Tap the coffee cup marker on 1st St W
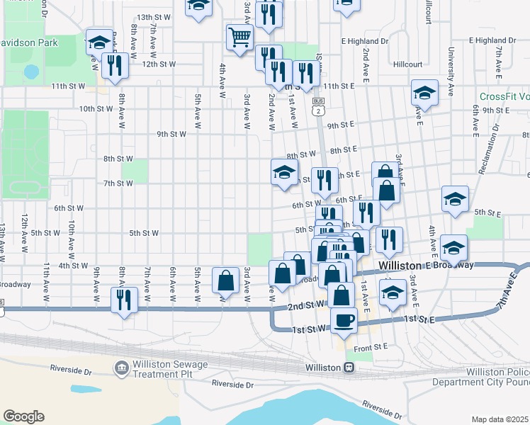(x=344, y=319)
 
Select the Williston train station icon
(x=349, y=368)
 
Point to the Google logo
(x=23, y=416)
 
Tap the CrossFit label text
(x=504, y=97)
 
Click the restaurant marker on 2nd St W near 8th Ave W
(x=124, y=300)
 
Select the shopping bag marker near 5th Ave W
(x=225, y=280)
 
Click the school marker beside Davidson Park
(x=99, y=41)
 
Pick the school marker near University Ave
(x=424, y=92)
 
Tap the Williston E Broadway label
(x=436, y=265)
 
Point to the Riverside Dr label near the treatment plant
(x=72, y=369)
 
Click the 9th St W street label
(x=171, y=134)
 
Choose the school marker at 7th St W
(x=284, y=171)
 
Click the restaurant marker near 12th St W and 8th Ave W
(x=115, y=65)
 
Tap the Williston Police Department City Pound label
(x=496, y=377)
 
